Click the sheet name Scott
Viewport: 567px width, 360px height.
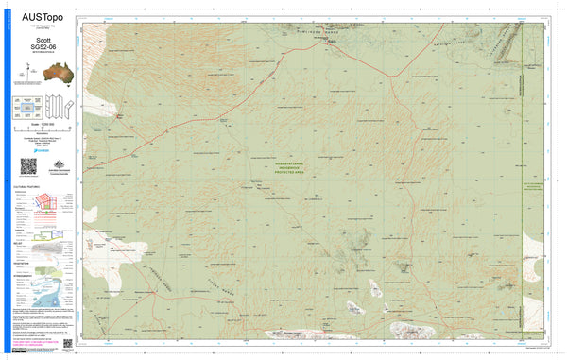[43, 41]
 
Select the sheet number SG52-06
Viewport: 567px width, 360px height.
[43, 48]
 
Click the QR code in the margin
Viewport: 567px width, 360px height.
[28, 166]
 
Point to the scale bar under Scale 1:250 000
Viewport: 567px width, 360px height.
[43, 134]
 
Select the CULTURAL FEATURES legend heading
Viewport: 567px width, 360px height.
[29, 189]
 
